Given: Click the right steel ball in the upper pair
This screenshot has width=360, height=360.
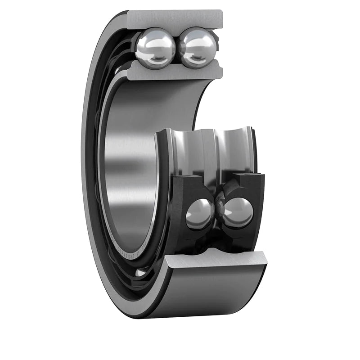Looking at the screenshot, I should (x=198, y=48).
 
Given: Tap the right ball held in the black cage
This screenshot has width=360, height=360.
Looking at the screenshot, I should (x=238, y=213).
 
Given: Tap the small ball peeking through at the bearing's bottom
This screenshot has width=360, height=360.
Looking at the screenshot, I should (x=140, y=272).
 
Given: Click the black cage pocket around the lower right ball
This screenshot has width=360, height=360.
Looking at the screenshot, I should (x=252, y=189).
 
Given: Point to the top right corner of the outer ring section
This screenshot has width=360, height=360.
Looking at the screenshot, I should (x=222, y=12).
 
